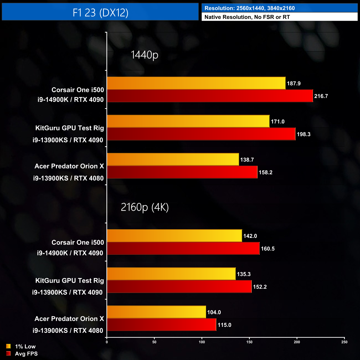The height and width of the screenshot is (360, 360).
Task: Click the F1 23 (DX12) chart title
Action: [x=100, y=12]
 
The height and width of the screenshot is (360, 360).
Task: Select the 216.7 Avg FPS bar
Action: [x=210, y=96]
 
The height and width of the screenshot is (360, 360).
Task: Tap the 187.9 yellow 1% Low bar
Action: [x=196, y=83]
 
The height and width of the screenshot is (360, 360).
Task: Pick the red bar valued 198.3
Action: [x=201, y=134]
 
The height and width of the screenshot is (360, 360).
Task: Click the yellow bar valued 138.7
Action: [x=173, y=160]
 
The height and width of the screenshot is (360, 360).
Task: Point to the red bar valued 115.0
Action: [x=161, y=325]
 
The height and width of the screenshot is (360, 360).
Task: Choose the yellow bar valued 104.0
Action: [x=156, y=312]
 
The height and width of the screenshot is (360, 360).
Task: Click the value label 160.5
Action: [x=268, y=249]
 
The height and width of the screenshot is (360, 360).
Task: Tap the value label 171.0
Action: [x=277, y=122]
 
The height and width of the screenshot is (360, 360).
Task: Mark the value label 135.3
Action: [x=244, y=274]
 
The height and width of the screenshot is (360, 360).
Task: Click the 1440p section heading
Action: [x=144, y=55]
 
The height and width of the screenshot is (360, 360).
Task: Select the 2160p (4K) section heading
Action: [x=145, y=207]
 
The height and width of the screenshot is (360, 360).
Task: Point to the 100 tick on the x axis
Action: [x=202, y=342]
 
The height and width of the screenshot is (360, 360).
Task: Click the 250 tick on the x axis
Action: [x=344, y=342]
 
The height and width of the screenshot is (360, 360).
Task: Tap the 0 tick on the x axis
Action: [x=107, y=342]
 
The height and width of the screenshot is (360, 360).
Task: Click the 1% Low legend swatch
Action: [x=8, y=346]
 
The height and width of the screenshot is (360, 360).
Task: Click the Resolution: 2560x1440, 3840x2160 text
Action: [x=250, y=8]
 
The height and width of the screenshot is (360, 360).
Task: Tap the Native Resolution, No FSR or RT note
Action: [x=247, y=17]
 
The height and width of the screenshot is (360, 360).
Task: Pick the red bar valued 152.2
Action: [x=179, y=287]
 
